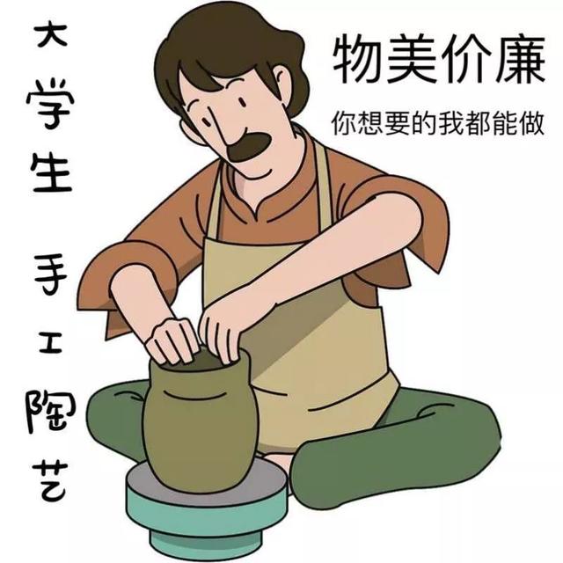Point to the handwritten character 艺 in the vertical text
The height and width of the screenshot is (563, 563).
point(50,481)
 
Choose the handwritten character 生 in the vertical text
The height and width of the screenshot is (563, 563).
point(53,172)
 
